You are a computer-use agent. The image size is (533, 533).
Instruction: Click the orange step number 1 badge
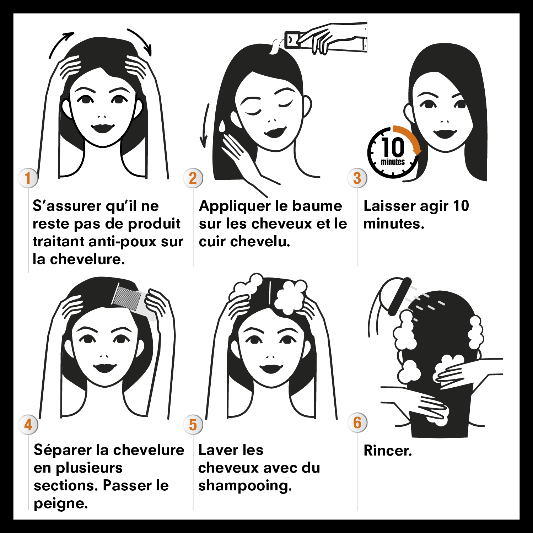pos(28,178)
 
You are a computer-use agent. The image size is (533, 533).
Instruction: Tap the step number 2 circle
pos(193,178)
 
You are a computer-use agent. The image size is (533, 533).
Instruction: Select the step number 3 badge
pos(357,178)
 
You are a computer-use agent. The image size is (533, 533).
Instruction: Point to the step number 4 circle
pos(28,424)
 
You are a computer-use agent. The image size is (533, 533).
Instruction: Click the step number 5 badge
pos(193,424)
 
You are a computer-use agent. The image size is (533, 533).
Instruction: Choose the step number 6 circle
pos(357,422)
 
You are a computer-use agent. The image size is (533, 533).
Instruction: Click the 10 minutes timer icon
pos(393,153)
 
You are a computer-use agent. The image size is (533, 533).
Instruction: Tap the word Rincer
pos(388,451)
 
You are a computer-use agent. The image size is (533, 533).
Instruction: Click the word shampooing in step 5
pos(245,486)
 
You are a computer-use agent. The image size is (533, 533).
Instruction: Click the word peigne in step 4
pos(60,504)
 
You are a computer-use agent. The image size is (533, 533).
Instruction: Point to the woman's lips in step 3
pos(445,133)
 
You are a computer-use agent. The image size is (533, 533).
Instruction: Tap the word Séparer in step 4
pos(63,450)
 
